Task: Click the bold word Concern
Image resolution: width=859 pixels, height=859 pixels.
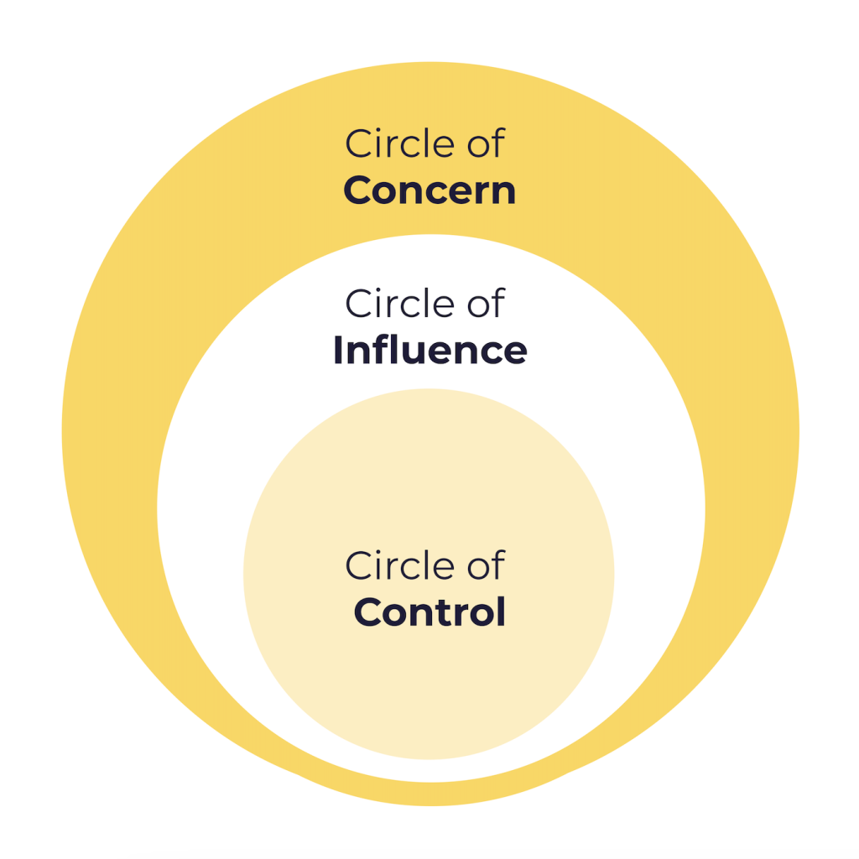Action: pos(429,191)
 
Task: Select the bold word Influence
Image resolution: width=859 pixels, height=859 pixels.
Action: pos(429,350)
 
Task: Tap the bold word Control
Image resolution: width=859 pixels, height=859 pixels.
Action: pos(429,612)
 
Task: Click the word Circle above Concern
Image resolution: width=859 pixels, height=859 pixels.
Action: pos(390,144)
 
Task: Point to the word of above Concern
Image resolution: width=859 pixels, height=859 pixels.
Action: pos(487,144)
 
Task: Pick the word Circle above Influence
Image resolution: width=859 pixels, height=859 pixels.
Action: pos(390,303)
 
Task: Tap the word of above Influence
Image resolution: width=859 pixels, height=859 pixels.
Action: pos(487,303)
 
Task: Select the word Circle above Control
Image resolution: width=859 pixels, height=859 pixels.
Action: pos(390,565)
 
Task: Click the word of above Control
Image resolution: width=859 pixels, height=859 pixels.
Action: pos(487,565)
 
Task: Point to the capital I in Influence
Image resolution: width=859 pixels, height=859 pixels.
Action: pos(339,350)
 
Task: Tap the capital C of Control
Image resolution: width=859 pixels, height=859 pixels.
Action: pos(368,612)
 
